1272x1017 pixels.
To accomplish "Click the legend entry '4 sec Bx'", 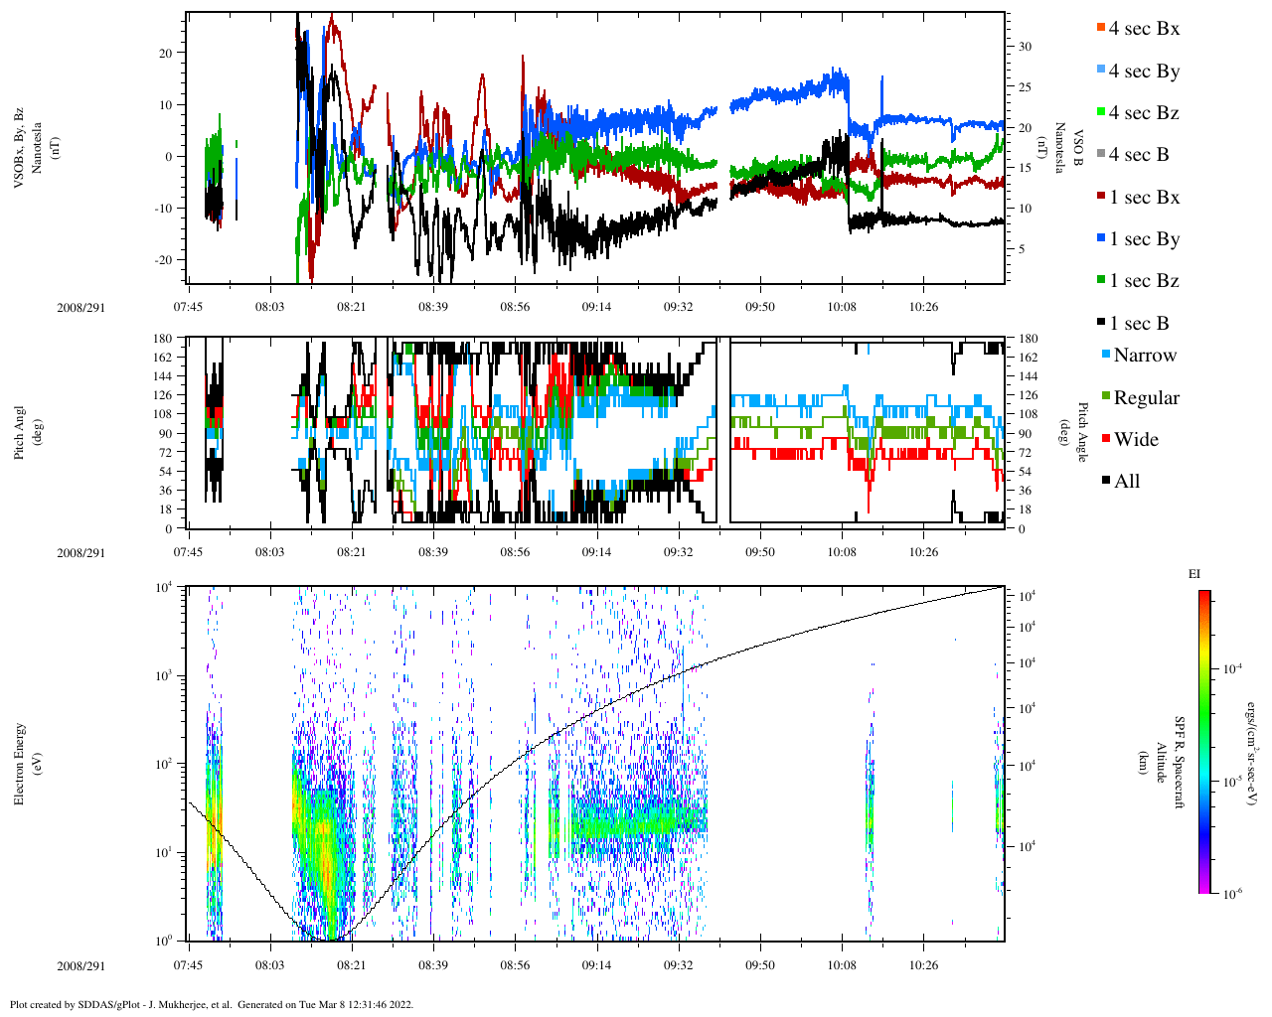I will (1143, 29).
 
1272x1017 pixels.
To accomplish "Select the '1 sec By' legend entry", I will (1143, 239).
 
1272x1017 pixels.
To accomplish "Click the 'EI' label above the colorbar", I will (1194, 574).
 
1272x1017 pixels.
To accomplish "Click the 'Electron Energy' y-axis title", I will (20, 763).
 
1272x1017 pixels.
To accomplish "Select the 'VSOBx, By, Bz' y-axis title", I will (20, 149).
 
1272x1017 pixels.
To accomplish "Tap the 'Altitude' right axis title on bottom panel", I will (1160, 763).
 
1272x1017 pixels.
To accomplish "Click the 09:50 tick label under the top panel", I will (760, 307).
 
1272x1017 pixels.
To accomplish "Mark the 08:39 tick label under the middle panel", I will (432, 552).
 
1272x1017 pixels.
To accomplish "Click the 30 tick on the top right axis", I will (1025, 47).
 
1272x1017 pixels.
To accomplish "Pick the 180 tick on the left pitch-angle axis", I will (162, 339).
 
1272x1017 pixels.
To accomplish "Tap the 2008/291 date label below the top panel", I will (79, 307).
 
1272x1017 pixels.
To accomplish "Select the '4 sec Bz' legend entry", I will (1143, 113).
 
